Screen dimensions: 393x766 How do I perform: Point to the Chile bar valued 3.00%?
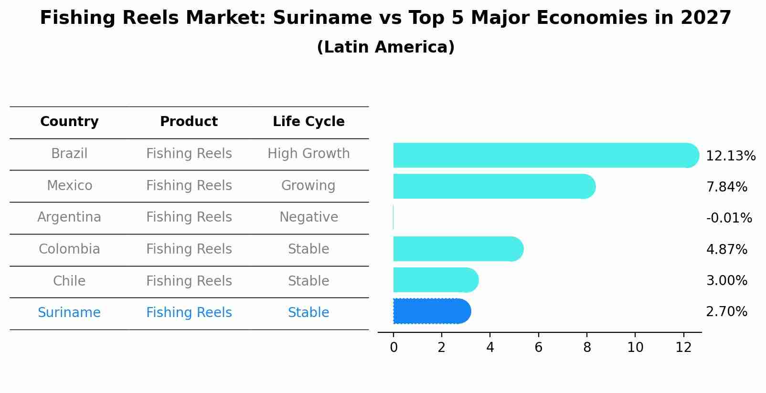[435, 280]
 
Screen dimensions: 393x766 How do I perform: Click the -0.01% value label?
[729, 218]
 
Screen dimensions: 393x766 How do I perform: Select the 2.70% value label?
[726, 312]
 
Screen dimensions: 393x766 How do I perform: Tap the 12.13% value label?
[730, 156]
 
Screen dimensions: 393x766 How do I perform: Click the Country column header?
[69, 122]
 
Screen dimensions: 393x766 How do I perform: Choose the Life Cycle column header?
[309, 122]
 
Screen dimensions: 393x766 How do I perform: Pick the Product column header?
[189, 122]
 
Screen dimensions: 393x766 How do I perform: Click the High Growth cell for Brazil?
[309, 154]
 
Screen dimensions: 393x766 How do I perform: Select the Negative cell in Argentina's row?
[309, 217]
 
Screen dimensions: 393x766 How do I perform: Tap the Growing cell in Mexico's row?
[309, 185]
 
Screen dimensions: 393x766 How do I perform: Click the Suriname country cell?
[69, 313]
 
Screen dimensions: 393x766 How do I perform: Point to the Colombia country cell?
[69, 249]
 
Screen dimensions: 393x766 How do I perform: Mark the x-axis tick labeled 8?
[587, 348]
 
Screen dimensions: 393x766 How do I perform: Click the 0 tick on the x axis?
[394, 348]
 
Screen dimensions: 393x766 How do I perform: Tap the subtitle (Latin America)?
[385, 47]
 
